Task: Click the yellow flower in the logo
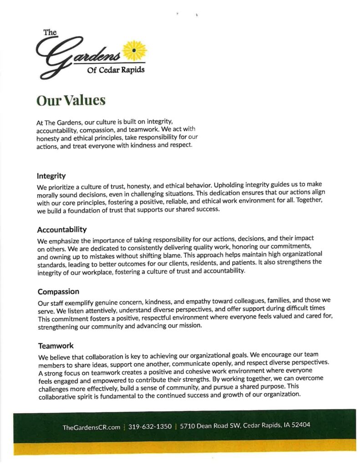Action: (x=135, y=50)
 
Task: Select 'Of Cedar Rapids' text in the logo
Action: (x=116, y=70)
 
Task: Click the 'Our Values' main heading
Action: (x=71, y=100)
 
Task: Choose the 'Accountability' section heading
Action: (x=62, y=229)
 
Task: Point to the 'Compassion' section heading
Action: (x=58, y=291)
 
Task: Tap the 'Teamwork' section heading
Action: (x=56, y=346)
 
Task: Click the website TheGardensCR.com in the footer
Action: (x=91, y=427)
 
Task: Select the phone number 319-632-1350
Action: (x=150, y=427)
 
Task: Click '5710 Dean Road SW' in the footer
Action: (x=210, y=426)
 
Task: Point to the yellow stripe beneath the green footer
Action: (x=182, y=448)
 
